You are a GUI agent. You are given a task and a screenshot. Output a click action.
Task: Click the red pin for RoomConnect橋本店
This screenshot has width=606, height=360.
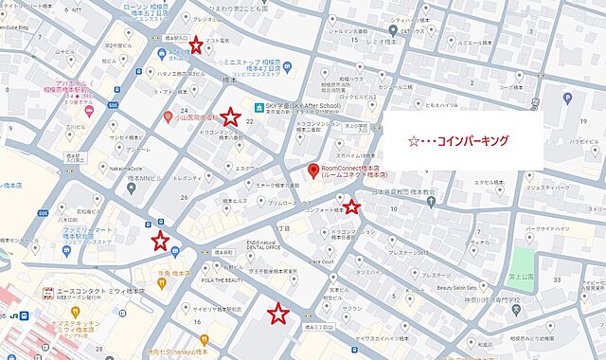[314, 171]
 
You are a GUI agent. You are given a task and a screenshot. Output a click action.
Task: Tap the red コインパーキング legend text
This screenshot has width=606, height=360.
[457, 140]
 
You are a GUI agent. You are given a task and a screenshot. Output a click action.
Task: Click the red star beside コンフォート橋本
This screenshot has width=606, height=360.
[351, 207]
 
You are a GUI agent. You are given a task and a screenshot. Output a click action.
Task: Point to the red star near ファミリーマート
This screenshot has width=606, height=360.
[161, 241]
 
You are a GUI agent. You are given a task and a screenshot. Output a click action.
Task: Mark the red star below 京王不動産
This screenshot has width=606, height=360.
[277, 313]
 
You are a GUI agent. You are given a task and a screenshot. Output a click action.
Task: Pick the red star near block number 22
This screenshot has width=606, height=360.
[230, 117]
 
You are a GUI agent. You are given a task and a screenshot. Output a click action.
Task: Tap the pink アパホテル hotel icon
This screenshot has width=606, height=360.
[89, 111]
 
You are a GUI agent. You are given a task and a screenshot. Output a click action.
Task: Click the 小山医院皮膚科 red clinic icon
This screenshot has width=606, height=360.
[167, 118]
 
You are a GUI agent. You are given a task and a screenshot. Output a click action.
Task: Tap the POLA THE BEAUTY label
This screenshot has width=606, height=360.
[219, 280]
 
